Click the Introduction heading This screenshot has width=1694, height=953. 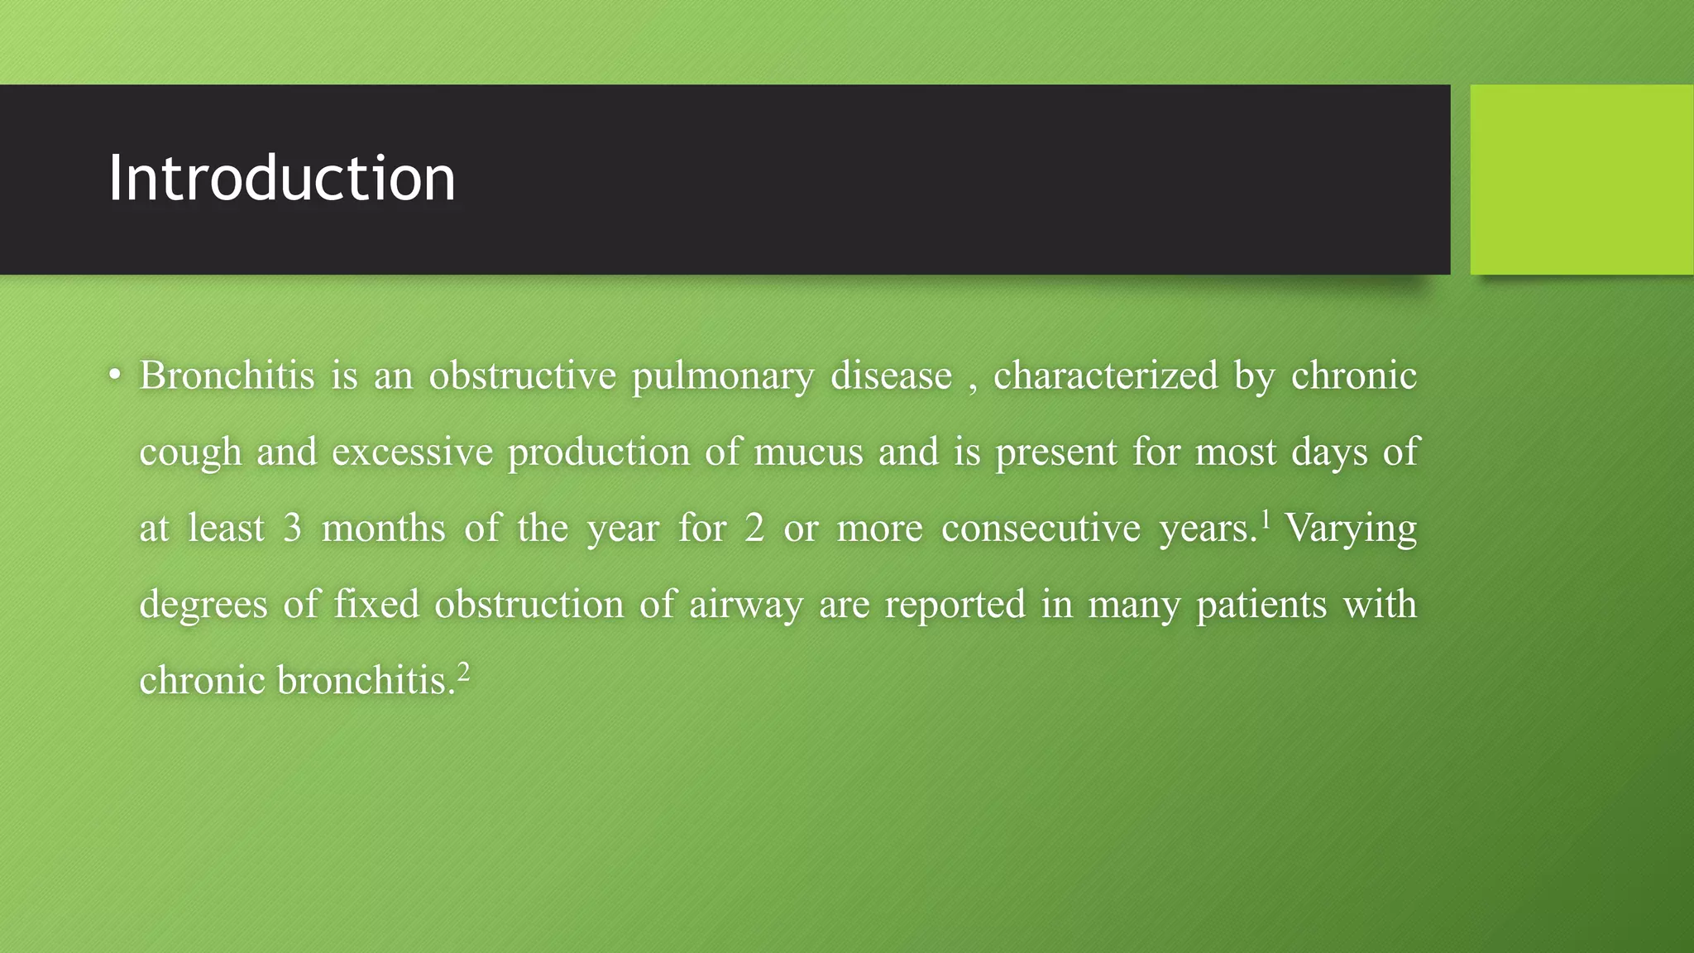(281, 179)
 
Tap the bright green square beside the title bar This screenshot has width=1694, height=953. (1582, 179)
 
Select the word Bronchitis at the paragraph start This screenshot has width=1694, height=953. (227, 376)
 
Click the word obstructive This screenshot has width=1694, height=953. (523, 376)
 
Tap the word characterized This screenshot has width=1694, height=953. (1106, 376)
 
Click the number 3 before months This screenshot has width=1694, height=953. (292, 528)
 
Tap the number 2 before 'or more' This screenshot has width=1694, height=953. (754, 528)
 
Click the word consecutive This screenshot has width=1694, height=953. (1041, 528)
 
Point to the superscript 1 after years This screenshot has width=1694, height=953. (1265, 519)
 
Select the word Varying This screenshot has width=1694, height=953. (1351, 528)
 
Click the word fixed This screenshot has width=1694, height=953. (376, 604)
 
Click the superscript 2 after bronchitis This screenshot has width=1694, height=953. (463, 671)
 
